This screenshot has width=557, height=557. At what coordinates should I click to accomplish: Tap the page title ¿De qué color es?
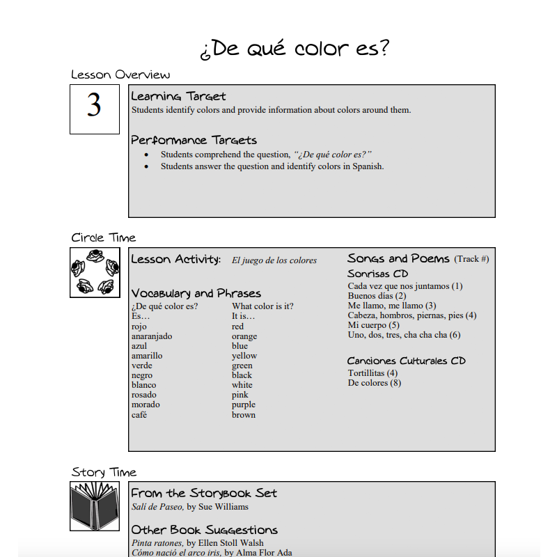click(295, 49)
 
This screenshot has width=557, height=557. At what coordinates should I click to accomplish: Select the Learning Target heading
click(178, 96)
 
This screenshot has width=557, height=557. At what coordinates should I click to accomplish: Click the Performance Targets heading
click(194, 140)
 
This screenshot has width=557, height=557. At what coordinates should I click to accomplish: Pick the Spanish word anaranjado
click(151, 336)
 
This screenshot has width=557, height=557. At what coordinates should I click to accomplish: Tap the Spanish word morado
click(145, 405)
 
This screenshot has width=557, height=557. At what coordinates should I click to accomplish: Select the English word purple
click(243, 405)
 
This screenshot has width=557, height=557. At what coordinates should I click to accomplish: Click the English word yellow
click(244, 356)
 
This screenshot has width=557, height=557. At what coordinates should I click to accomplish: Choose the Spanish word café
click(139, 415)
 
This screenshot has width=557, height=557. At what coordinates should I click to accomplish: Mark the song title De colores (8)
click(374, 383)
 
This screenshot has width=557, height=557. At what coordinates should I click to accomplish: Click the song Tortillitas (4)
click(372, 373)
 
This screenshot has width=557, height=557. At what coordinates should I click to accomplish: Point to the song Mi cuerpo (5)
click(373, 325)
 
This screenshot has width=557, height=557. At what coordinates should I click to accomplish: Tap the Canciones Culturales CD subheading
click(406, 361)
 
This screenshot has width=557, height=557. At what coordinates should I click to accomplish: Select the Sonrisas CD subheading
click(377, 274)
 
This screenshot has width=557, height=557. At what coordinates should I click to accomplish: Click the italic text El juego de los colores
click(274, 260)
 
